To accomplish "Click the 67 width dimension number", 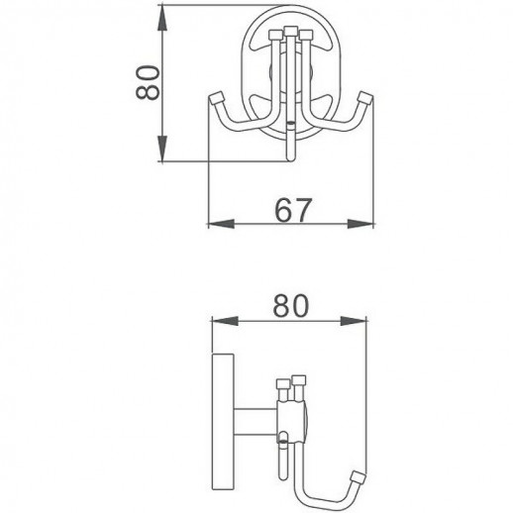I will pos(294,211).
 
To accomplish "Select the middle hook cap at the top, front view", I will pos(292,32).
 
